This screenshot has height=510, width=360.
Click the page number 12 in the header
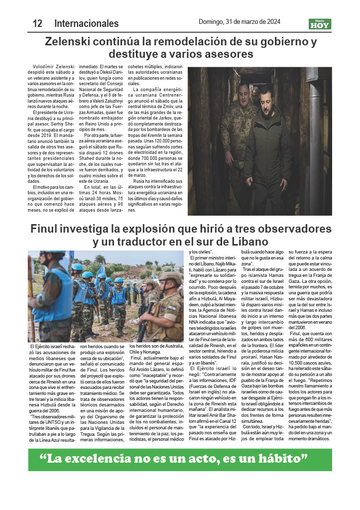pos(37,23)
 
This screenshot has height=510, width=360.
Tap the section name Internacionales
pos(86,23)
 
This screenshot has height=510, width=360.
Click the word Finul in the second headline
pos(46,230)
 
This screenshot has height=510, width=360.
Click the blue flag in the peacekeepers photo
pos(101,271)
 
